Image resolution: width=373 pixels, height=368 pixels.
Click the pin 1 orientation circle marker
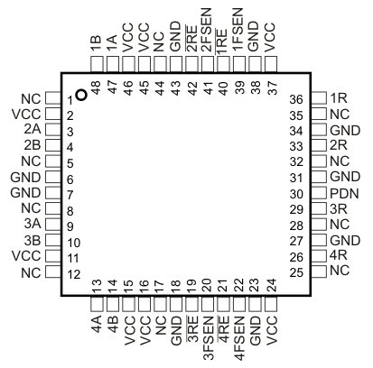(x=82, y=94)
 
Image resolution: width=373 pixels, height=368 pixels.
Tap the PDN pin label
(x=340, y=194)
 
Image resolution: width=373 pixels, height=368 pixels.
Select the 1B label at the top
(x=95, y=42)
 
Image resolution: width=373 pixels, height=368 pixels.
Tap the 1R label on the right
(x=339, y=97)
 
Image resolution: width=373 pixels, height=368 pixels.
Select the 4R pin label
(x=339, y=255)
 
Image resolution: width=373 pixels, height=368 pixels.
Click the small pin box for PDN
(x=318, y=194)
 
